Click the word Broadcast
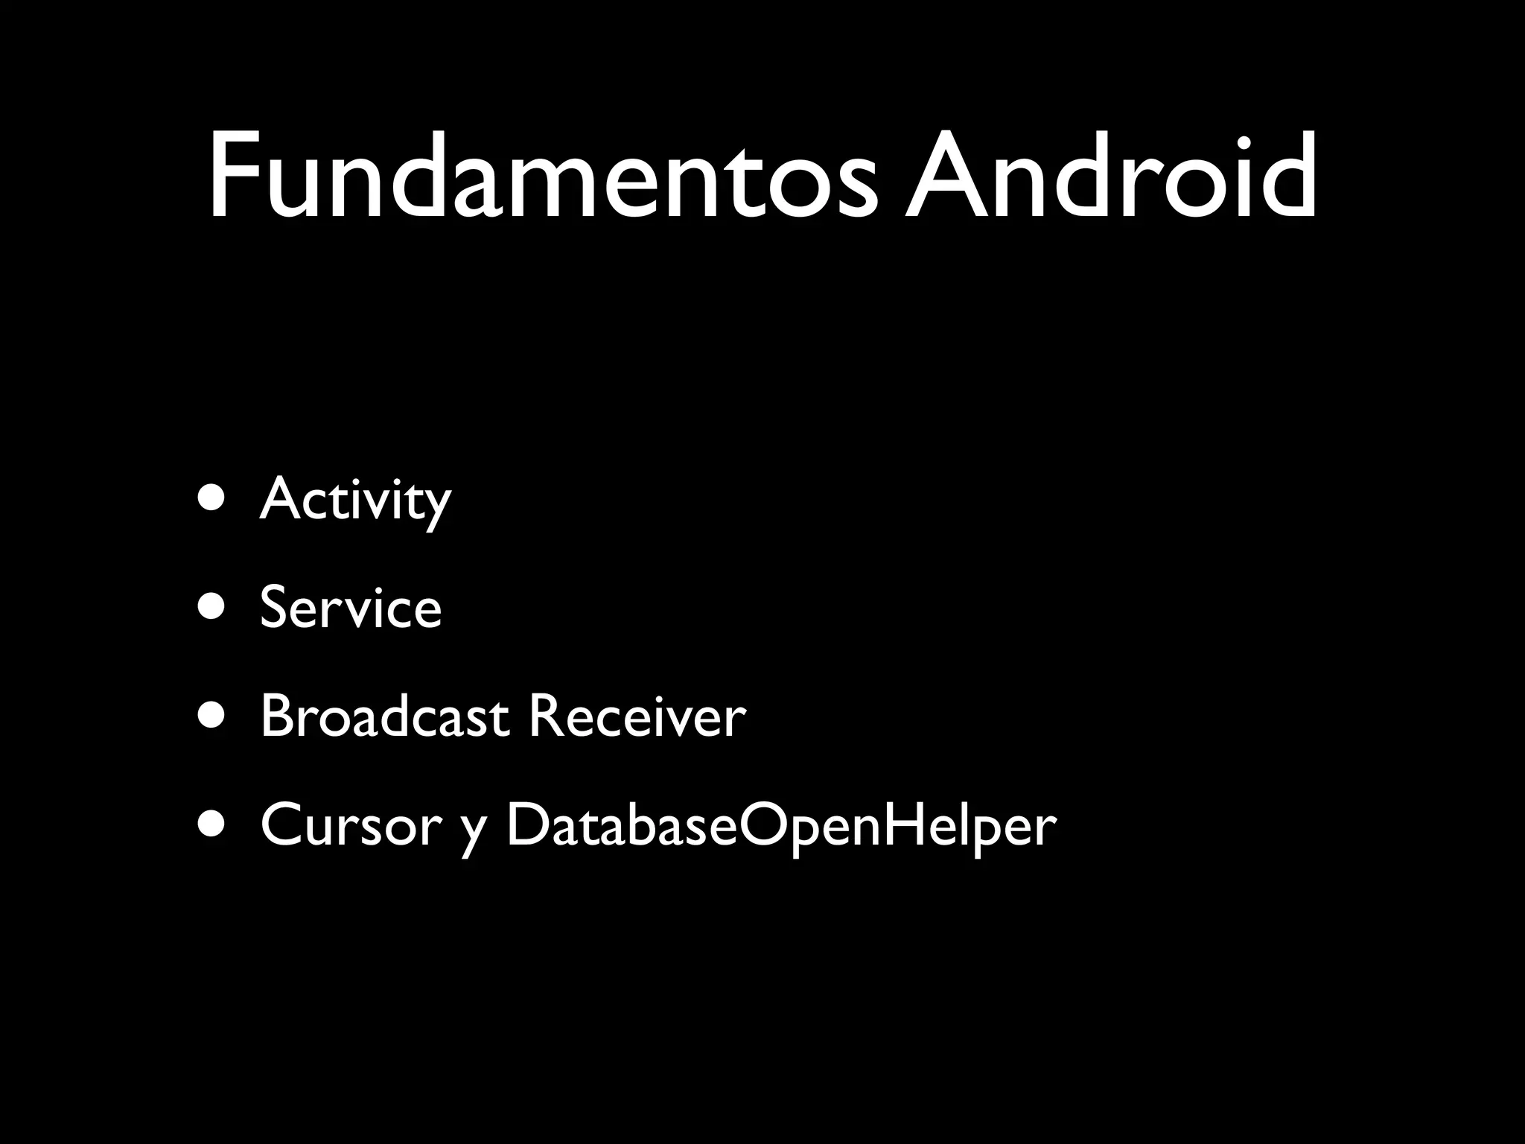384,716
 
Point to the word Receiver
637,716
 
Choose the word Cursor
351,825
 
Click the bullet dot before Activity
211,500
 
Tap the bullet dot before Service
211,608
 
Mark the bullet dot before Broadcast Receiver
211,716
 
